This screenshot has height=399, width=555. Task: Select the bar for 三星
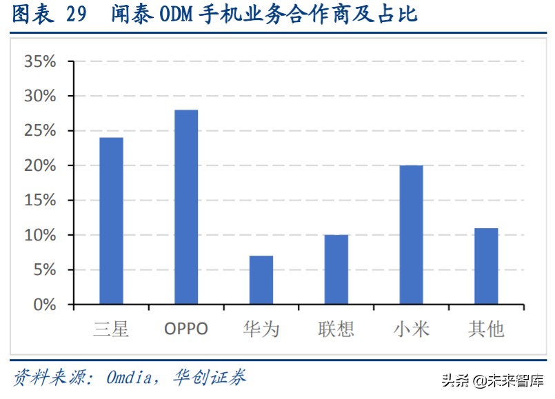111,221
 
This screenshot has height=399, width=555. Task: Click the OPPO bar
186,207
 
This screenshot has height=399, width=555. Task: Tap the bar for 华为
261,280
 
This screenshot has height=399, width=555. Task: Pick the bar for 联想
336,269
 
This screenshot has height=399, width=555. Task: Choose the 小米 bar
411,235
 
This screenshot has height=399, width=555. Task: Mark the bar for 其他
486,266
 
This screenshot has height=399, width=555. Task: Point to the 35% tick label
40,62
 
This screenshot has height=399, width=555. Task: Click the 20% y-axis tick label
40,166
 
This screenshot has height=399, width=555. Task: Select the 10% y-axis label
40,235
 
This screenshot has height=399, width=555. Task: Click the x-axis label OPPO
186,329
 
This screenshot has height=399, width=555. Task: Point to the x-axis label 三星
111,329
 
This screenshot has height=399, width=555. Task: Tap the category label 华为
261,329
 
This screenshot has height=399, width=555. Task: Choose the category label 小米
411,329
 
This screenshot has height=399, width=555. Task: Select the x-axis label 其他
486,329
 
